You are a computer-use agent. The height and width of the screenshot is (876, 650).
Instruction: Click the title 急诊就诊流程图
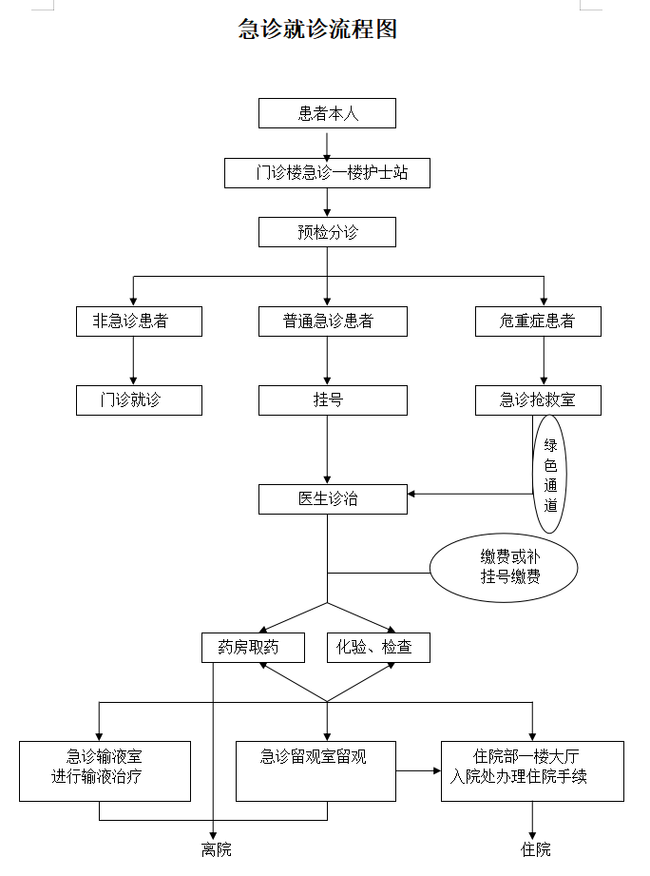[x=317, y=29]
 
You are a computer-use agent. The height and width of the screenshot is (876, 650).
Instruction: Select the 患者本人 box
[x=327, y=113]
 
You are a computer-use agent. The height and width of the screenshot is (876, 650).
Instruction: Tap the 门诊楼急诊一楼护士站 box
[x=327, y=173]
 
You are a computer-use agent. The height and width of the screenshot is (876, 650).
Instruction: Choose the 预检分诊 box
[x=327, y=232]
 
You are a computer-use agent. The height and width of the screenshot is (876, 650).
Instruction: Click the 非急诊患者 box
[x=139, y=321]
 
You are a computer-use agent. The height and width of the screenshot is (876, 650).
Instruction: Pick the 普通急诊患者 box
[x=333, y=321]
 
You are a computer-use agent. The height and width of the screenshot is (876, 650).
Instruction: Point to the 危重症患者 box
[x=538, y=321]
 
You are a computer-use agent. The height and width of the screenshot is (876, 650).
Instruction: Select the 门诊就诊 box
[x=139, y=400]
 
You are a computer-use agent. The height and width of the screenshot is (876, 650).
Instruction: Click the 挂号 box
[x=333, y=400]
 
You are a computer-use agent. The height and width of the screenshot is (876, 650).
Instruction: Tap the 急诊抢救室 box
[x=538, y=400]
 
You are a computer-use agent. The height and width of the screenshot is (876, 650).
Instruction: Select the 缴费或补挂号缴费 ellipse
[x=503, y=567]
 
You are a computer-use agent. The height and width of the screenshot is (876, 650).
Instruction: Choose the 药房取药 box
[x=253, y=648]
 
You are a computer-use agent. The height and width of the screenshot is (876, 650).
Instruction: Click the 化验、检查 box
[x=378, y=648]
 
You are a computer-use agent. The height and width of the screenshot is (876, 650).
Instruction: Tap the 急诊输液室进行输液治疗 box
[x=105, y=770]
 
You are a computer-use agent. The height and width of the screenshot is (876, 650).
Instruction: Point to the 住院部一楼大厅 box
[x=532, y=770]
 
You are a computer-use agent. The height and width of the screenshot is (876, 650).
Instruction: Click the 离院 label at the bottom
[x=216, y=849]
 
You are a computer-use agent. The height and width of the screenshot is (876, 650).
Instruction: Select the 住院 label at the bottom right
[x=534, y=849]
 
